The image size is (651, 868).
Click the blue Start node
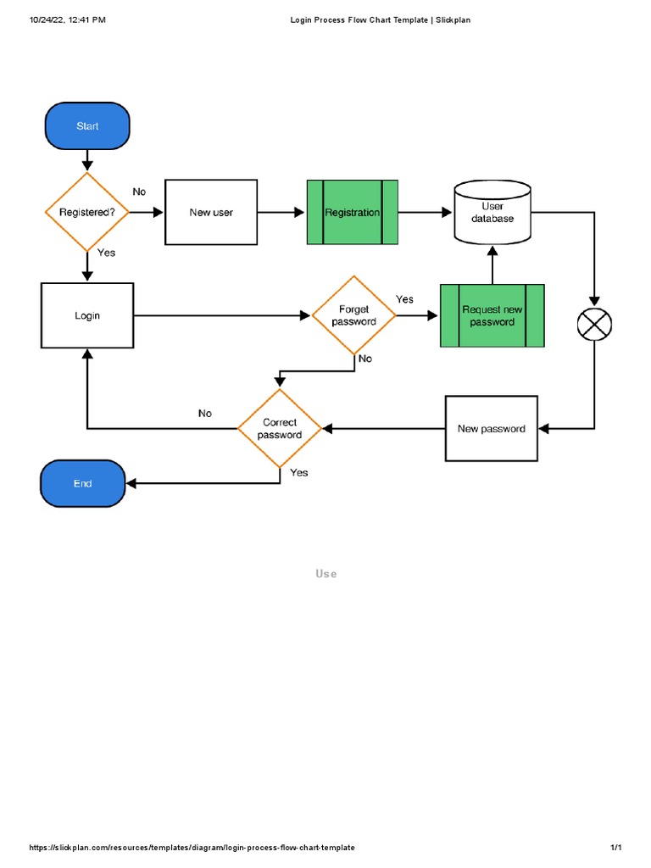(87, 126)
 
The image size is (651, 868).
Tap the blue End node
(83, 484)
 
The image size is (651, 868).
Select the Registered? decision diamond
(86, 213)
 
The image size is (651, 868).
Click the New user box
(211, 213)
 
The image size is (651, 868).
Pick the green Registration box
(353, 213)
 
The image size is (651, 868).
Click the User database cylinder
(492, 212)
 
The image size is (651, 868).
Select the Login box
(87, 315)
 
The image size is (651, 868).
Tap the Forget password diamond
(354, 315)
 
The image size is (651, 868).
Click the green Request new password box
(492, 315)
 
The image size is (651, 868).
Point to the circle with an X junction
(594, 323)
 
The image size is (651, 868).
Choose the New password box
(492, 429)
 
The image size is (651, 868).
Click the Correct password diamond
(280, 429)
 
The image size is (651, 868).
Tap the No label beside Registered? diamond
(139, 192)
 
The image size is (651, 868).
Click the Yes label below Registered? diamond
(107, 253)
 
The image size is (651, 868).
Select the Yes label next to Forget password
(405, 299)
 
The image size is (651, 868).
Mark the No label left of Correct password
(205, 414)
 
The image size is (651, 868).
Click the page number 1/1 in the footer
(616, 848)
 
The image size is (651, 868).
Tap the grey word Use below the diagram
(326, 574)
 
